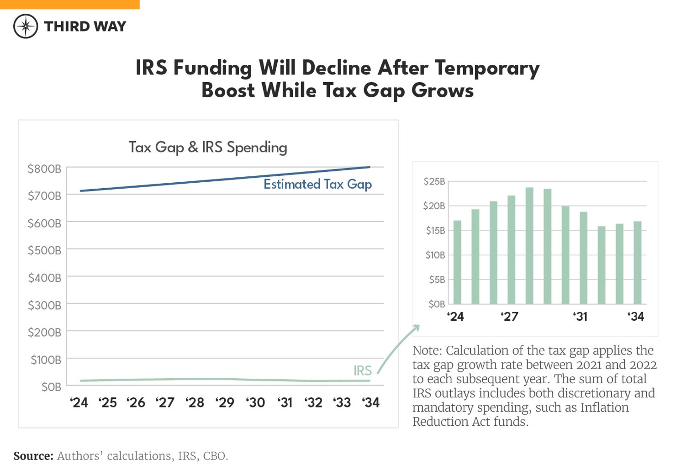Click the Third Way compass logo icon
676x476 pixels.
[x=26, y=26]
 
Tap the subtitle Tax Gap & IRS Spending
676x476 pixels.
[x=208, y=147]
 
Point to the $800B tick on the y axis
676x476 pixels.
[x=44, y=169]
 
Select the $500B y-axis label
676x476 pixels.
[x=44, y=250]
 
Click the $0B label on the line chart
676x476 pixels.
[x=51, y=387]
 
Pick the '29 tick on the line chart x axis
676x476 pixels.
[x=225, y=402]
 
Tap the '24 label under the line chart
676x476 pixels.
[x=79, y=402]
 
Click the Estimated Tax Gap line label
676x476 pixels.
[x=317, y=184]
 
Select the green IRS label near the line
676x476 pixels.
[x=362, y=370]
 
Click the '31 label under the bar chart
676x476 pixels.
[x=580, y=317]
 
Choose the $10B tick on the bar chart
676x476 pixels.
[x=435, y=255]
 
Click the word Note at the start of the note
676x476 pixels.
[x=427, y=350]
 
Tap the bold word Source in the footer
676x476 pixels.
[x=33, y=456]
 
